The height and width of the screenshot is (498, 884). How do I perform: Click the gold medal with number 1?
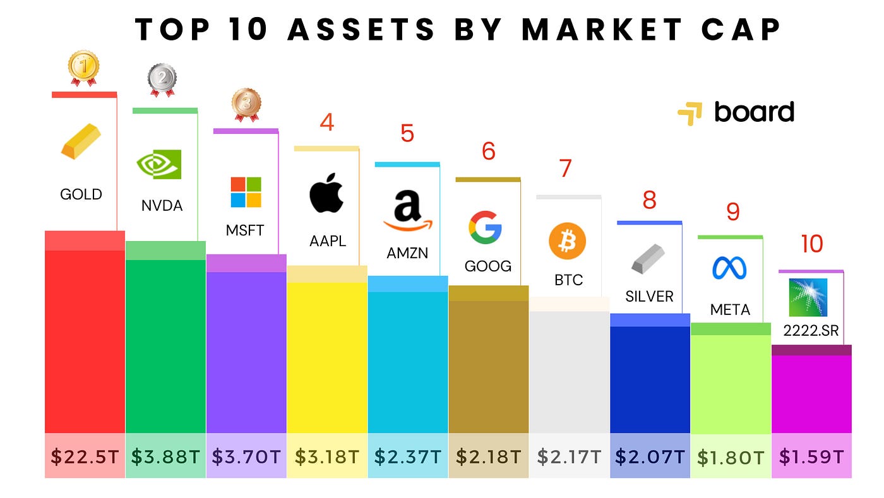(83, 68)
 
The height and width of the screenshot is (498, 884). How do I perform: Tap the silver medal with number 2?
(162, 80)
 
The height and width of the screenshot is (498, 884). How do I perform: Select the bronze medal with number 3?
(245, 104)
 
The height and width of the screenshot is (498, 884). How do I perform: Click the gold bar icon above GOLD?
(80, 141)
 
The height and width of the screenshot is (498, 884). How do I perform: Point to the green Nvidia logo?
(159, 165)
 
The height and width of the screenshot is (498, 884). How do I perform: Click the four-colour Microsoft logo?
(246, 193)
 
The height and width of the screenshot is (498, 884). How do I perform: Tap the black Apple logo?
(326, 194)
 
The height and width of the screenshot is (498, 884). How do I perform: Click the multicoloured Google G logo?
(485, 227)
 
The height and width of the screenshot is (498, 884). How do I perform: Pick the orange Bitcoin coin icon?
(567, 241)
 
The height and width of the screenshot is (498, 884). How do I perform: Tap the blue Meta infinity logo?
(729, 268)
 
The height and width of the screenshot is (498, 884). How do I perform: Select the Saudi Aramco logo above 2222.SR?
(808, 297)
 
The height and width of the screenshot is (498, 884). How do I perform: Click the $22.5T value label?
(85, 456)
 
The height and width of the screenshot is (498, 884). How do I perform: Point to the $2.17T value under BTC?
(569, 456)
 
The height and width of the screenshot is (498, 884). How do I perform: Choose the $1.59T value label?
(811, 456)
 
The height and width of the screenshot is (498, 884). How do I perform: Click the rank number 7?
(565, 169)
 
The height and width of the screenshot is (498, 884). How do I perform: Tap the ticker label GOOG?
(487, 266)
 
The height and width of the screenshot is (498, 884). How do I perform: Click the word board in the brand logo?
(754, 112)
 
